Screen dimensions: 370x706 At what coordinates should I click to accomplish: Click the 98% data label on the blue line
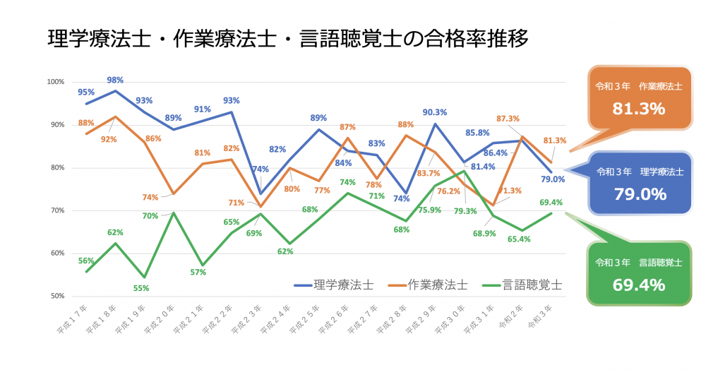coord(115,79)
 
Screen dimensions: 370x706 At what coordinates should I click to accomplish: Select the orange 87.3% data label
coord(508,119)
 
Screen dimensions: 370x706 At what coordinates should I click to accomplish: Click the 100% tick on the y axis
coord(56,83)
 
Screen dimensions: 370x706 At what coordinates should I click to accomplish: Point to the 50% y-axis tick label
coord(57,296)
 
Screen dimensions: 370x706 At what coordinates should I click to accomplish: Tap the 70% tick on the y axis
coord(57,210)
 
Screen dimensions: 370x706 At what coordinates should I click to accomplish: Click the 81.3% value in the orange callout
coord(639,109)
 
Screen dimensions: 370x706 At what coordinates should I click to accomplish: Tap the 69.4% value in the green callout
coord(639,285)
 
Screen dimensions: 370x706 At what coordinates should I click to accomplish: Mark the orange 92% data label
coord(109,139)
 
